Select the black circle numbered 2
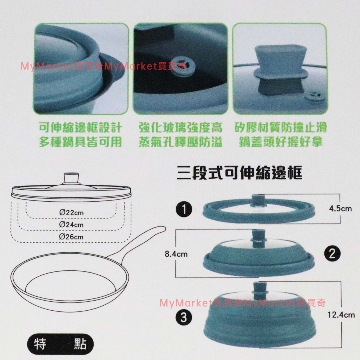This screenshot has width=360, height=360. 332,254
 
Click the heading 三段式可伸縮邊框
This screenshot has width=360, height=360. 239,173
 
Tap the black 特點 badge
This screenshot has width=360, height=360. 60,345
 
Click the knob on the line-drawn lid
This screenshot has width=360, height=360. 71,178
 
